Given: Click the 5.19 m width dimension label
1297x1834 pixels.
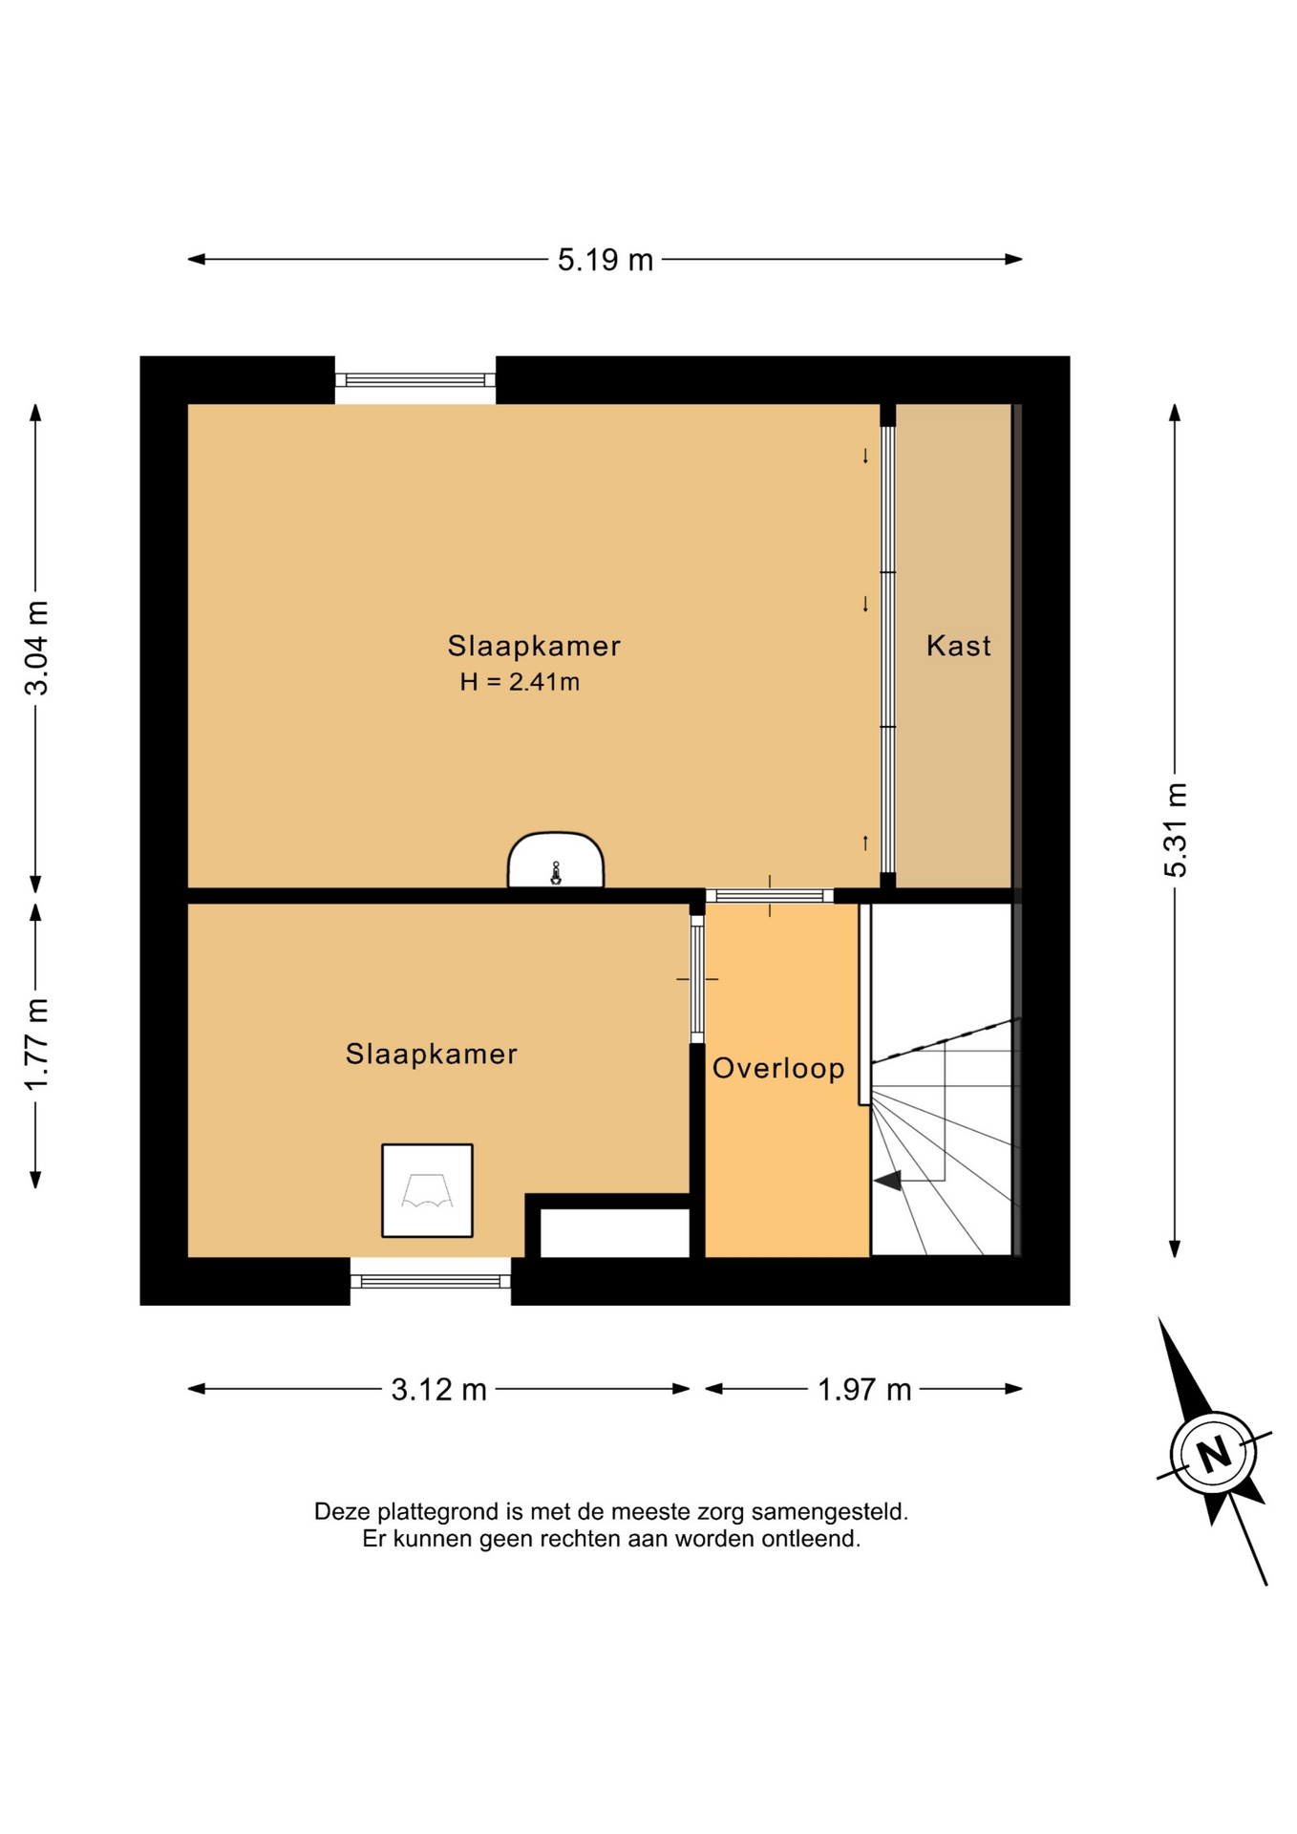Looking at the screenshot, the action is tap(606, 260).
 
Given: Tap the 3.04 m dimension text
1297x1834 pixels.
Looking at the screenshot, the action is tap(37, 648).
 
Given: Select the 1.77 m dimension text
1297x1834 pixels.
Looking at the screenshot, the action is tap(37, 1044).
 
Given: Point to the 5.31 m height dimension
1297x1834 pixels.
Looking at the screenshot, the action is tap(1176, 829).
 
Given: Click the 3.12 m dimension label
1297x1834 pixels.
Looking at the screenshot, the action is tap(439, 1390).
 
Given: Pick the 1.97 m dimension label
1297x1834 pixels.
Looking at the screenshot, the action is tap(864, 1390).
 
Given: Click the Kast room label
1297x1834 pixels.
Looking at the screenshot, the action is tap(959, 646).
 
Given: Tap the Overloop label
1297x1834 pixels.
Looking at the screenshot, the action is tap(778, 1068).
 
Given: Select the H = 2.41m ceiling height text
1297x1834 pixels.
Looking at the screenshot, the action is tap(520, 682).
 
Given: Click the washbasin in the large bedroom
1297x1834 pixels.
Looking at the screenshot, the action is tap(556, 861).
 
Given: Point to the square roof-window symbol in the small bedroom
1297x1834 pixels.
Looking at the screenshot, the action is tap(427, 1190).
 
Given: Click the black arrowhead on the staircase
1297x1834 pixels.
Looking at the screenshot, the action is tap(888, 1182).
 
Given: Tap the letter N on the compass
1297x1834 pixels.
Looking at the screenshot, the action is tap(1214, 1455).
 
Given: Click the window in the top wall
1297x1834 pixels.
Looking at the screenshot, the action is tap(415, 380).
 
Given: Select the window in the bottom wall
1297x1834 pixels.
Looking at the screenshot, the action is tap(431, 1281).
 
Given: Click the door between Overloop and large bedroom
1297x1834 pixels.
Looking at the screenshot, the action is tap(770, 896).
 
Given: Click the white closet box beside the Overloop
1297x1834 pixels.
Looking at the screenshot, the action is tap(615, 1233).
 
